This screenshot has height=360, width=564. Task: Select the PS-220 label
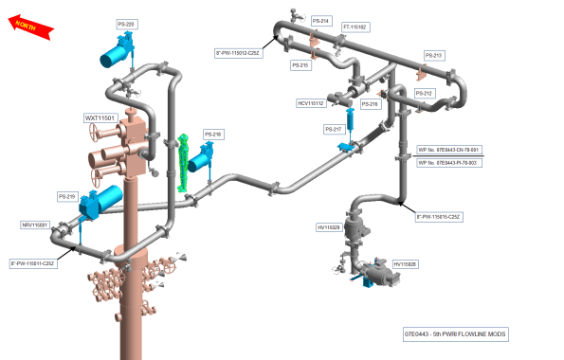125,23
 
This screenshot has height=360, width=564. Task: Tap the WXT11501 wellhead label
100,118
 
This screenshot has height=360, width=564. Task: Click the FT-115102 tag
355,27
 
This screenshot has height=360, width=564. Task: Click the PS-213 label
433,56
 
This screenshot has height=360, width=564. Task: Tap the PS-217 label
333,129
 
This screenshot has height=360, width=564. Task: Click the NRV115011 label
35,225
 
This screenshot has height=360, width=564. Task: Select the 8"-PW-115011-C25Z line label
33,262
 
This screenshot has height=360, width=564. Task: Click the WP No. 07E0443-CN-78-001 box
449,150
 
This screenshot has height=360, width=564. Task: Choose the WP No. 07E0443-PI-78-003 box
449,163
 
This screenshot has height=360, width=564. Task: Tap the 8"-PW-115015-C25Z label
439,217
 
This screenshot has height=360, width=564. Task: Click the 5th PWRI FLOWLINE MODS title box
456,334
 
